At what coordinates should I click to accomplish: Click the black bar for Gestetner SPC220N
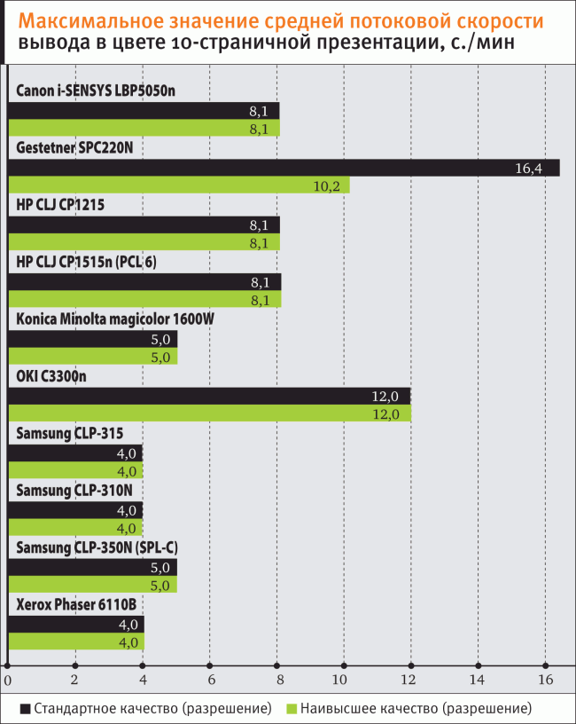pos(284,168)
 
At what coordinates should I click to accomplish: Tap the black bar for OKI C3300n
pos(209,397)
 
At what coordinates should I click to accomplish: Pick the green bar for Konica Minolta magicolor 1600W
pos(92,357)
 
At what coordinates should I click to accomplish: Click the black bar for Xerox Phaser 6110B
pos(75,625)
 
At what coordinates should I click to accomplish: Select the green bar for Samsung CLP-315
pos(75,471)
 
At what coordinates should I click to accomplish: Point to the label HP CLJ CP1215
pos(60,206)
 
